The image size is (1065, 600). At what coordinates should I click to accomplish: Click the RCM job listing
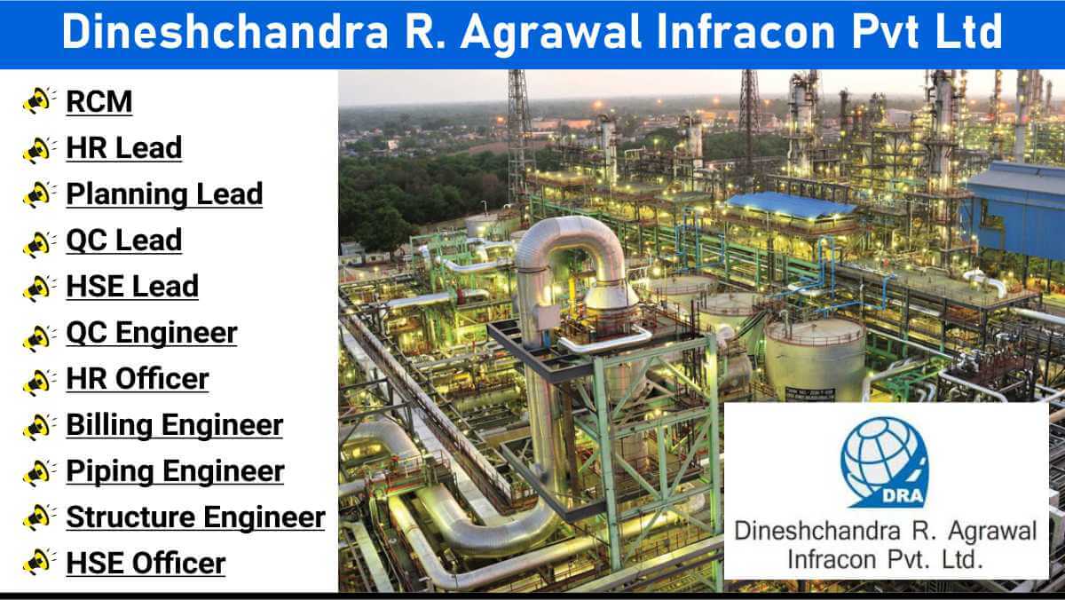99,101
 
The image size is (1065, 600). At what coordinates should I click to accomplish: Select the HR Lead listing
124,147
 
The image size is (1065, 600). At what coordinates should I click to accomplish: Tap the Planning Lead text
164,194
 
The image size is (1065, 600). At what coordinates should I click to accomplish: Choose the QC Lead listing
124,241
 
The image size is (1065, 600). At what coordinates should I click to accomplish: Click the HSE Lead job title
132,286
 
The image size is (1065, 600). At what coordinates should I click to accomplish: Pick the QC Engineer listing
152,332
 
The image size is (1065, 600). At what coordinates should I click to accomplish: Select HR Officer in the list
138,378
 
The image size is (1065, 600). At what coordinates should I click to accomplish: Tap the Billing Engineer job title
175,424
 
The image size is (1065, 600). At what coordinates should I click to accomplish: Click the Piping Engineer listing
175,471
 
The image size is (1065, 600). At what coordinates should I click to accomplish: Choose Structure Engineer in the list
195,517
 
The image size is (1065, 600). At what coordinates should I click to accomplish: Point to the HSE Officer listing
146,563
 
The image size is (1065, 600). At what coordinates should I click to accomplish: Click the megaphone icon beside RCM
39,100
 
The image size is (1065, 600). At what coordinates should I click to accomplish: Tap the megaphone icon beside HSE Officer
39,562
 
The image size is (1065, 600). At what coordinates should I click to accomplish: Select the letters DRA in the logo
903,496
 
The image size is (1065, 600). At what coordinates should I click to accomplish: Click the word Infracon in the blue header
745,31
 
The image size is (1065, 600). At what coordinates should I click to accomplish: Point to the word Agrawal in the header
551,32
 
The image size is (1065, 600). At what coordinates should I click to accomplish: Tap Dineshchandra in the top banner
225,31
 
